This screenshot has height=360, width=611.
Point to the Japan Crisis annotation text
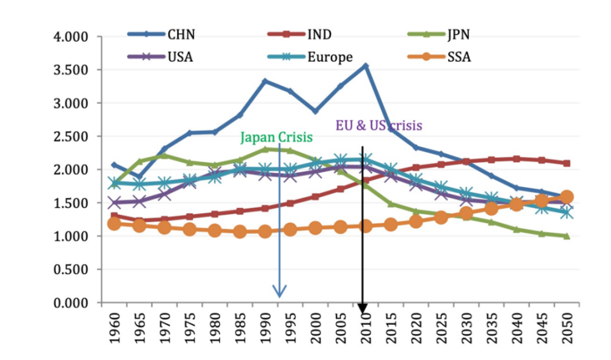coord(276,136)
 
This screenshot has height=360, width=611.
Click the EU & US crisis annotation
coord(379,125)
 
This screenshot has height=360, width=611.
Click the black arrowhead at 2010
coord(363,308)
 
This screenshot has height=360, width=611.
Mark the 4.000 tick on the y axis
coord(69,37)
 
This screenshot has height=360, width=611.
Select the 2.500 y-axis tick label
coord(69,137)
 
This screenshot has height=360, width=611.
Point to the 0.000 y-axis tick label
coord(69,303)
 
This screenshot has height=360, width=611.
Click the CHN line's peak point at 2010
coord(365,66)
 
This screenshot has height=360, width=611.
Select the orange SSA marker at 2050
coord(566,197)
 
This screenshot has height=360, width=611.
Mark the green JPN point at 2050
coord(566,236)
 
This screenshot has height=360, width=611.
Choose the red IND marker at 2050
coord(566,163)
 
